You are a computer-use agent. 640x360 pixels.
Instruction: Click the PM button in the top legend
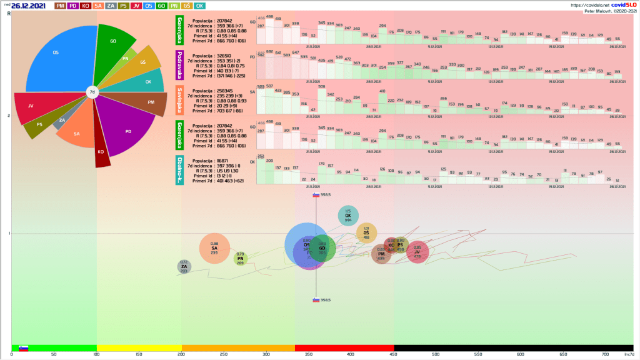[x=61, y=6]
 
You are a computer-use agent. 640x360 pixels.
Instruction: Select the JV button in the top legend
[x=136, y=6]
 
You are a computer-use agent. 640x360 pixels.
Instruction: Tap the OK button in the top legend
[x=199, y=6]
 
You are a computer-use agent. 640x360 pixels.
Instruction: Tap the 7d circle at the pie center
[x=92, y=92]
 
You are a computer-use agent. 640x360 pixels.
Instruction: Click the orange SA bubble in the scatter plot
[x=214, y=248]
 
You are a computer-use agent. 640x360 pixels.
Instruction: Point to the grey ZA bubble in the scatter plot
[x=184, y=267]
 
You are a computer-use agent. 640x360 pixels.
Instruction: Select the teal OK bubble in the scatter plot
[x=348, y=216]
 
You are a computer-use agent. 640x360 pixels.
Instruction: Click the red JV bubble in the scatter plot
[x=417, y=252]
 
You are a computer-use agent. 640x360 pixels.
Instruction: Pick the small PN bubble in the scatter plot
[x=241, y=258]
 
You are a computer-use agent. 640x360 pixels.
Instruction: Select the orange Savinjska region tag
[x=179, y=97]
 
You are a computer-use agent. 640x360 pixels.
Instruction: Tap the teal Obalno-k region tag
[x=179, y=169]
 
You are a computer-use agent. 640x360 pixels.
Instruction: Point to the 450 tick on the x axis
[x=394, y=354]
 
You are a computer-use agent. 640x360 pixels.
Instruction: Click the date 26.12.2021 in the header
[x=28, y=6]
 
